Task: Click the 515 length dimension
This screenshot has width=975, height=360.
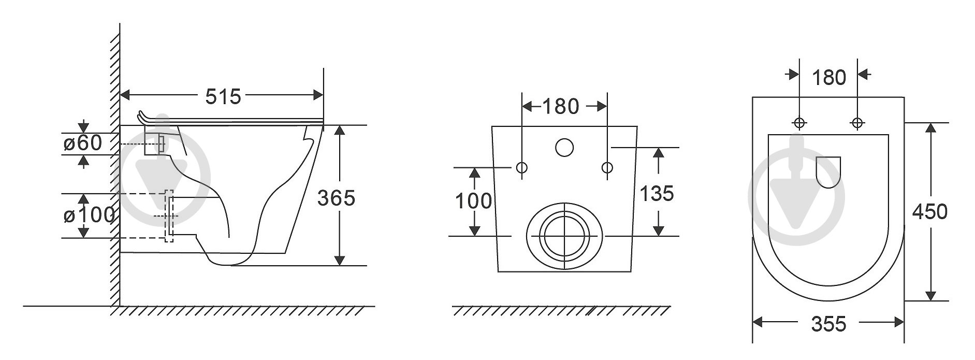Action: (x=224, y=96)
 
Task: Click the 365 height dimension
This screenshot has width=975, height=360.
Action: (x=337, y=197)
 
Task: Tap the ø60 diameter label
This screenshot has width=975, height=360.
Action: (x=83, y=142)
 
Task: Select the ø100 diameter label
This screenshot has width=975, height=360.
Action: (x=89, y=215)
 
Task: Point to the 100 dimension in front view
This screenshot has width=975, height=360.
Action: (x=473, y=200)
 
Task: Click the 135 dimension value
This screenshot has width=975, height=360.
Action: (x=657, y=193)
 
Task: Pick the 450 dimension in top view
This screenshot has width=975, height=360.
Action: (x=930, y=211)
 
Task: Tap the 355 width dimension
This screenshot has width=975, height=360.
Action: (x=828, y=323)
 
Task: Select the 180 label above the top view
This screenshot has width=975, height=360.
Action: (x=829, y=78)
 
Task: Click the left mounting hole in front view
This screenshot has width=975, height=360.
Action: (x=522, y=167)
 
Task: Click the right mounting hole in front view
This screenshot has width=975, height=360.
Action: (x=607, y=167)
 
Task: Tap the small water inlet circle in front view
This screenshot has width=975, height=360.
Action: (x=564, y=148)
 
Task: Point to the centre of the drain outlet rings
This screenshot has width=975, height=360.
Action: (x=564, y=236)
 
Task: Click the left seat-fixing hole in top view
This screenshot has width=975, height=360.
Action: (x=799, y=123)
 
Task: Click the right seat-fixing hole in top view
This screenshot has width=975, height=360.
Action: (x=857, y=123)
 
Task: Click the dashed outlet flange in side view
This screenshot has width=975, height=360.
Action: (x=169, y=216)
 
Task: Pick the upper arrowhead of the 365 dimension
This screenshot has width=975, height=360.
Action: (x=339, y=130)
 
